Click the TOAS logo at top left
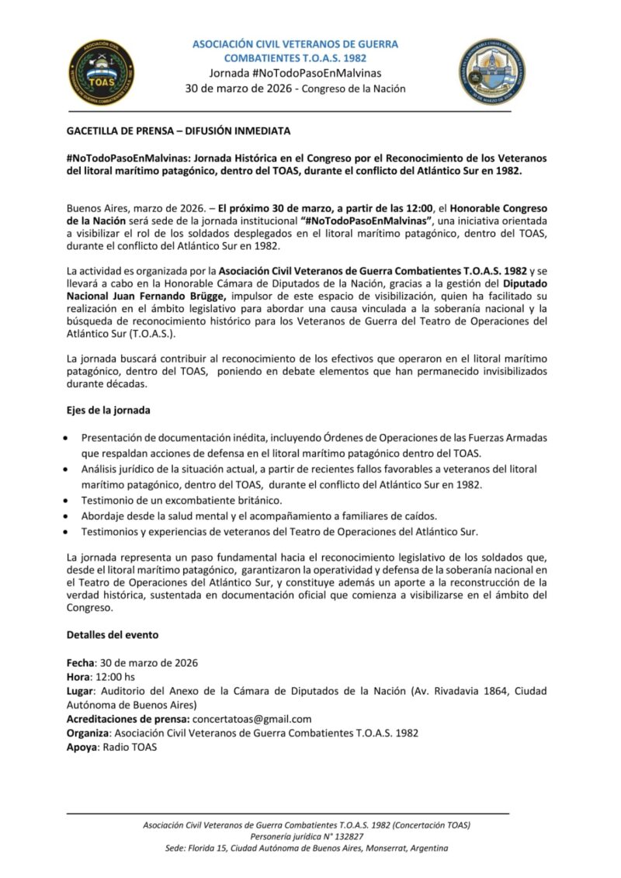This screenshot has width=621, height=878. (102, 71)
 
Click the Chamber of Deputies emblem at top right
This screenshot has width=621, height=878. (491, 71)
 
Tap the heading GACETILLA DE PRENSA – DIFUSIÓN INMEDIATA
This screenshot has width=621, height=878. (179, 130)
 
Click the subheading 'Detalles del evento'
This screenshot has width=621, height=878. (113, 634)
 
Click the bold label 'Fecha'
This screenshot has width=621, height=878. (80, 663)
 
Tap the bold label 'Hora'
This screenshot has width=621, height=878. (79, 677)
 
